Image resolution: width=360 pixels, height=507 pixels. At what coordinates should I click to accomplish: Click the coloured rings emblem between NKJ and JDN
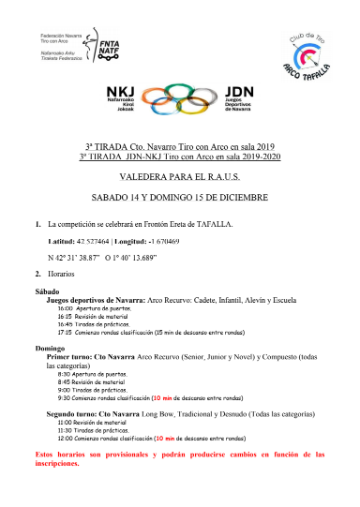coord(181,99)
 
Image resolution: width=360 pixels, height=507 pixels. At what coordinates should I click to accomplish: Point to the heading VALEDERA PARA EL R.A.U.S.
coord(179,173)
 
